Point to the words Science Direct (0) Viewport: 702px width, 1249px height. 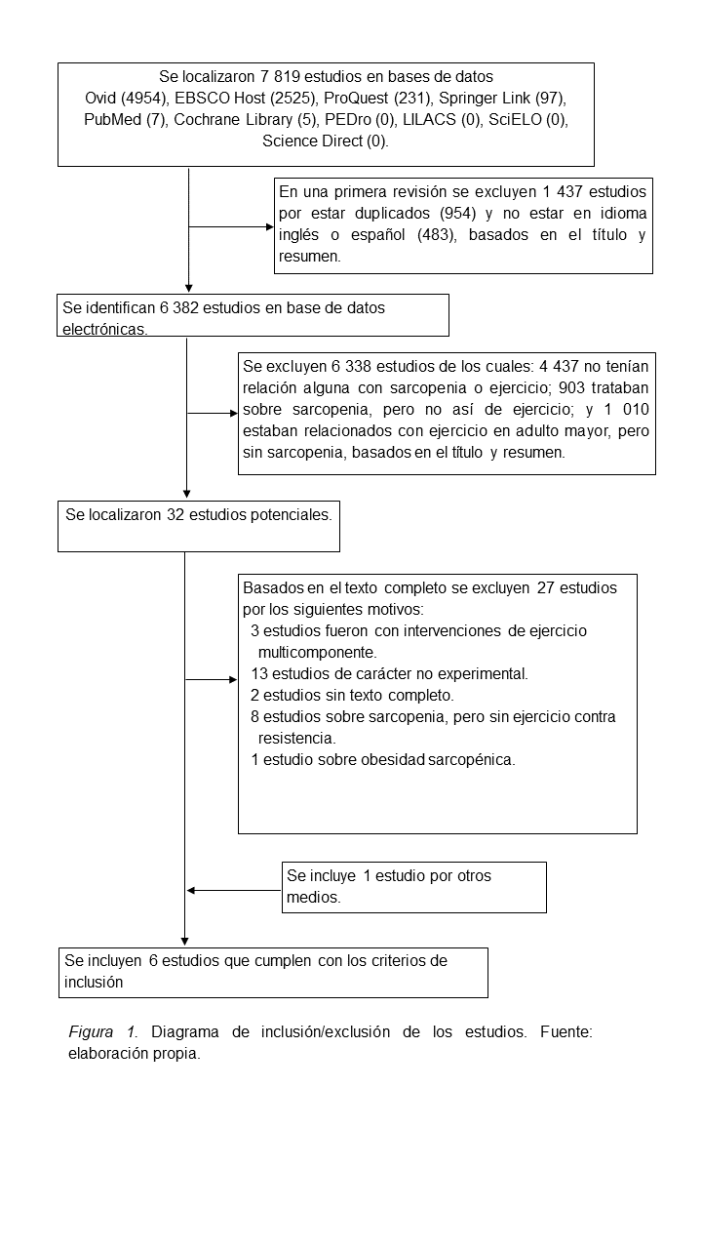tap(326, 141)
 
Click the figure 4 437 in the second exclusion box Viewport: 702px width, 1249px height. tap(563, 366)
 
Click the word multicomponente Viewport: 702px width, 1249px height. tap(317, 652)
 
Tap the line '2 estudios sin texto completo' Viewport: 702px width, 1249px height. tap(352, 696)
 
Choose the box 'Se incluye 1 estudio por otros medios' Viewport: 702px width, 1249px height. tap(413, 887)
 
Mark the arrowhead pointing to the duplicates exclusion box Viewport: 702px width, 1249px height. tap(270, 226)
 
